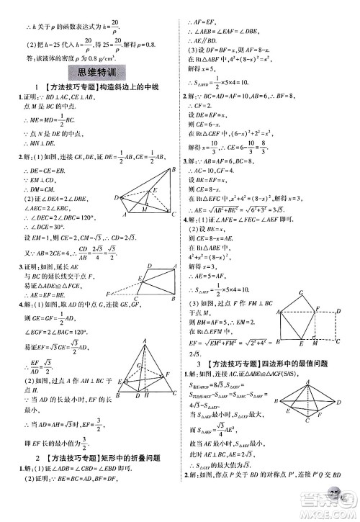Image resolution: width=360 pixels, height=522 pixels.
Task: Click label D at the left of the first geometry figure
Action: coord(116,197)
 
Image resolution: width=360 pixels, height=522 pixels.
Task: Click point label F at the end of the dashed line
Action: coord(107,295)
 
